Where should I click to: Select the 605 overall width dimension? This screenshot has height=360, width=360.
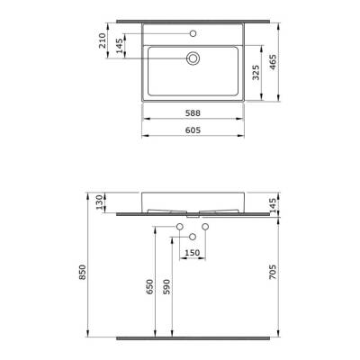pos(193,130)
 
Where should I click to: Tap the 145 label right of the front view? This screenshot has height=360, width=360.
pos(285,206)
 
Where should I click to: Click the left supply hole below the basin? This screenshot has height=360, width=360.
pos(181,224)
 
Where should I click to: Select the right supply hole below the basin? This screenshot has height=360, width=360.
pos(206,224)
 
